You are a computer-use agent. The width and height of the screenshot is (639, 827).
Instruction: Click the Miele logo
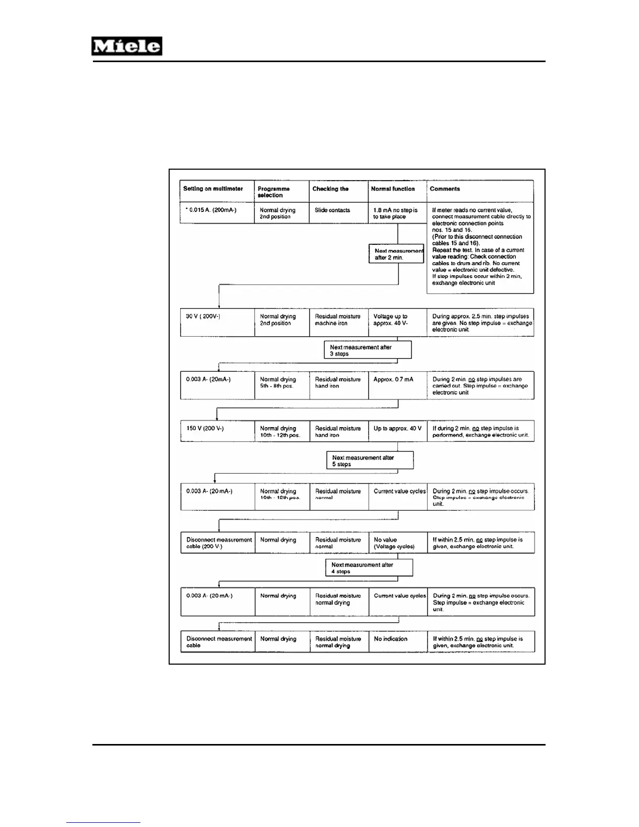click(x=127, y=46)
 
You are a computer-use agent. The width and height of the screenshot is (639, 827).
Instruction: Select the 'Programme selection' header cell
click(x=281, y=192)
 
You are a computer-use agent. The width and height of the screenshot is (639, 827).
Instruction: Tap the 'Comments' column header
click(x=480, y=191)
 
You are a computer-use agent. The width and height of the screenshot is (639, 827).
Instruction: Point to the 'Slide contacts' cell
click(x=338, y=213)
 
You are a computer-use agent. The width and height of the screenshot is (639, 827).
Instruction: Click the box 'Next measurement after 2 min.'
click(x=396, y=254)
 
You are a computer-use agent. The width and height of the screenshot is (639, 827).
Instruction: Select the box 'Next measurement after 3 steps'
click(x=368, y=350)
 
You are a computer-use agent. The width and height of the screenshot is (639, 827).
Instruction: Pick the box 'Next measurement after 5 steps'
click(x=370, y=461)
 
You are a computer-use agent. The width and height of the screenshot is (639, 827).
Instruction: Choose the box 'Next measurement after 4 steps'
click(x=369, y=568)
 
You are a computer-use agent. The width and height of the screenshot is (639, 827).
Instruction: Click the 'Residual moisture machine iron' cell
click(x=338, y=322)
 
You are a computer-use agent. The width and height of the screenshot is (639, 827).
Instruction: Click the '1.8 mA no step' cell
click(x=397, y=213)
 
